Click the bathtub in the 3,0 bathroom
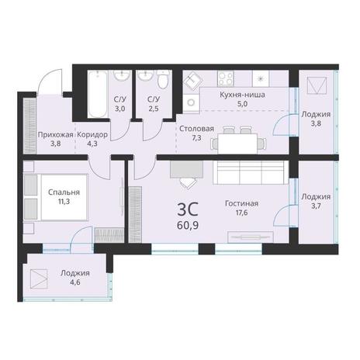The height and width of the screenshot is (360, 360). (x=97, y=94)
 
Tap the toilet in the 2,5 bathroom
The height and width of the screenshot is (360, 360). (x=163, y=78)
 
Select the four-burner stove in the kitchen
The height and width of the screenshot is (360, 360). (x=226, y=78)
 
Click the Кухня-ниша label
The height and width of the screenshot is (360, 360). (x=242, y=95)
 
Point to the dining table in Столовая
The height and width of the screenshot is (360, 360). (x=237, y=144)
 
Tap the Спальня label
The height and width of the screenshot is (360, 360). (x=64, y=192)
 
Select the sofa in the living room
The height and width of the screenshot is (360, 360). (x=251, y=172)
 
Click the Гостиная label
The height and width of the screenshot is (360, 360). (x=241, y=203)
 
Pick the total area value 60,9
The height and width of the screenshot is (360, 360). (x=188, y=226)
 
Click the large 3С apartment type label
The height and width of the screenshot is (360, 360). (x=188, y=209)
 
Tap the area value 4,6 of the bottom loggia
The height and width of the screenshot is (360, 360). (x=75, y=282)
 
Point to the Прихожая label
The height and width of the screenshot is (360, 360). (x=56, y=135)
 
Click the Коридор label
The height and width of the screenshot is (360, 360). (x=92, y=135)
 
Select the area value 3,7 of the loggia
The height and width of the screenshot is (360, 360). (x=316, y=206)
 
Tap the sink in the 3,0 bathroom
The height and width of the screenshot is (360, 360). (x=122, y=75)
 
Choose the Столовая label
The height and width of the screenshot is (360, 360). (x=196, y=129)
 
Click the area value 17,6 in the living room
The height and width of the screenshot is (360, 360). (x=241, y=213)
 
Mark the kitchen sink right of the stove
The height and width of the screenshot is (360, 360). (x=261, y=78)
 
